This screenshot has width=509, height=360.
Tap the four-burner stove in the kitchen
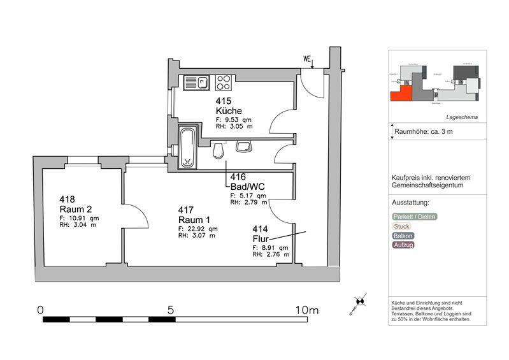[224, 82]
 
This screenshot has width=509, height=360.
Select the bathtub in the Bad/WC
[188, 147]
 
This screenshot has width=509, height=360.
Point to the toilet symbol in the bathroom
[219, 150]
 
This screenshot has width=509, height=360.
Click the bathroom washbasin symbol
[245, 147]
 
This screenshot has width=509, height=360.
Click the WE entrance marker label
[307, 60]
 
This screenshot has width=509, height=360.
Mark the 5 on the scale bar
[171, 310]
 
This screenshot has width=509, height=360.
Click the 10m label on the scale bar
[306, 310]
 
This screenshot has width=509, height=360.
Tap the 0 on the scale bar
[40, 310]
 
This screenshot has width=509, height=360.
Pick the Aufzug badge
[403, 245]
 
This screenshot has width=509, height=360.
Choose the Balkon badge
[403, 235]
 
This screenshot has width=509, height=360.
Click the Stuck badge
[402, 226]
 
